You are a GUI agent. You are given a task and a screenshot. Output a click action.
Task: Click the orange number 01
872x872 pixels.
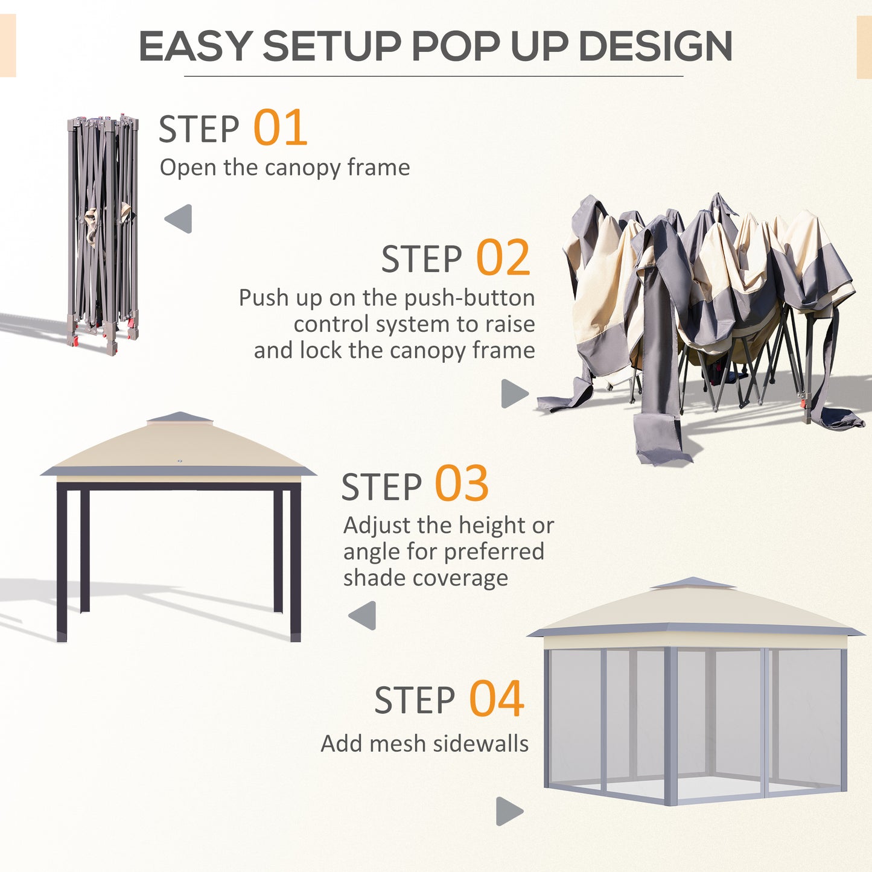point(280,128)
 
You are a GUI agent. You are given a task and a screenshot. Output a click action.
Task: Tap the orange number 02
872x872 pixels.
point(503,258)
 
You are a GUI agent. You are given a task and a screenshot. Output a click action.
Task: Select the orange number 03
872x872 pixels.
point(462,484)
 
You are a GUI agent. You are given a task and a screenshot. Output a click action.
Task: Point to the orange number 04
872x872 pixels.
point(496,699)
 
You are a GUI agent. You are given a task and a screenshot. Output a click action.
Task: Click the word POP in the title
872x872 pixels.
point(455,46)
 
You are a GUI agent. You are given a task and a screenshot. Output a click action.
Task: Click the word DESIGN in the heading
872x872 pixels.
point(655,46)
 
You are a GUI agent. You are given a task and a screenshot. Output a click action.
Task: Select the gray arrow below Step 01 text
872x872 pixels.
point(179,218)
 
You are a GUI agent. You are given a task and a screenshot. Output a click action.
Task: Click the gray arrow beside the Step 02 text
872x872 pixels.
point(514,393)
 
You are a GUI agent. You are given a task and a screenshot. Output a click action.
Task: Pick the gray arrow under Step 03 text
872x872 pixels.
point(363,616)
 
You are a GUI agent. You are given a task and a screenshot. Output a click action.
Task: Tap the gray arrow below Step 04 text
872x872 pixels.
point(509,811)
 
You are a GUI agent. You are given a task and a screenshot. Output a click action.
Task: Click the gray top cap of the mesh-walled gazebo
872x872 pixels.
point(693,584)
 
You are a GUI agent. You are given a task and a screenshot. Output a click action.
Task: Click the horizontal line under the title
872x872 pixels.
point(433,77)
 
